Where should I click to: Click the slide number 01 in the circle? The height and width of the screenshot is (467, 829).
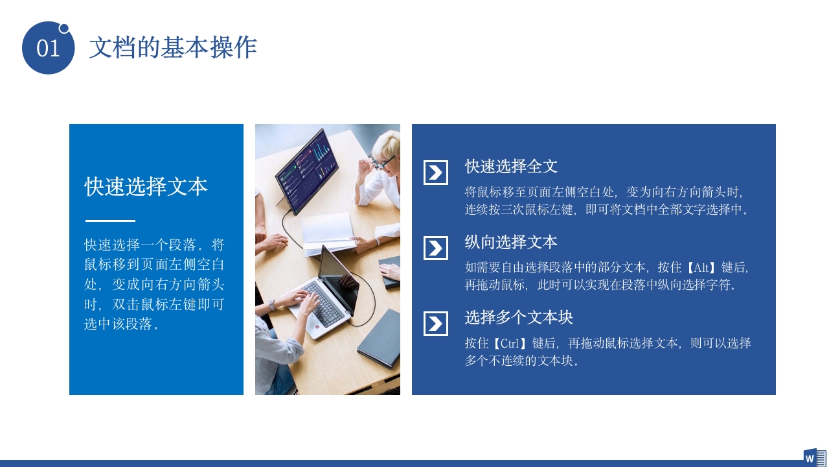[x=48, y=49]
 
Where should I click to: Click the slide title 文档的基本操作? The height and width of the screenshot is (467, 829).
[x=173, y=47]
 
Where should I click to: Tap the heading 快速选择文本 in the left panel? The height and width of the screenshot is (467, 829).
[x=146, y=187]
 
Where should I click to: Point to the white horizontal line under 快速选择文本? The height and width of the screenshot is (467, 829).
[x=110, y=221]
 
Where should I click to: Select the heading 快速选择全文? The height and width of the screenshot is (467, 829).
[x=511, y=166]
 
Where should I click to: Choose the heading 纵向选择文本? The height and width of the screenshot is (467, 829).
[x=511, y=242]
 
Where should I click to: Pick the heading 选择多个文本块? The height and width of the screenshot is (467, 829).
[x=519, y=317]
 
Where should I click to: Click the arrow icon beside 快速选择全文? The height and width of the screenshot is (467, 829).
[x=436, y=173]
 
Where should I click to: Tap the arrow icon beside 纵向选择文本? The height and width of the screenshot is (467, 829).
[x=436, y=248]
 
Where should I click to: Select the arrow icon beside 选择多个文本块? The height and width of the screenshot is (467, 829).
[x=436, y=324]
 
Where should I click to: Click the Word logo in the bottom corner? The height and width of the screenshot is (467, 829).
[x=813, y=457]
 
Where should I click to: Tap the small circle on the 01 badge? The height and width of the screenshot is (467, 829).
[x=64, y=28]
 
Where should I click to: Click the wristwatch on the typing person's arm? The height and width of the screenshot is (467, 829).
[x=272, y=305]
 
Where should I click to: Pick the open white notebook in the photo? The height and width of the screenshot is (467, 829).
[x=327, y=232]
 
